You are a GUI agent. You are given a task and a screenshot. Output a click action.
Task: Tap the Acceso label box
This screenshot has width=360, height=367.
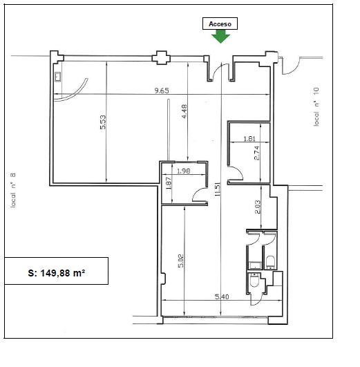tap(220, 23)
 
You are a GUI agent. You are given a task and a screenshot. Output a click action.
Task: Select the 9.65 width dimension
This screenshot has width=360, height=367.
tap(162, 91)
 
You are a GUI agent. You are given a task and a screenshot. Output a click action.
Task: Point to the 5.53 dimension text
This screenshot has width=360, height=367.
tap(103, 122)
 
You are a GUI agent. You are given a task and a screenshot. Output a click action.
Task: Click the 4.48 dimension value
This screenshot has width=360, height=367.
tap(184, 111)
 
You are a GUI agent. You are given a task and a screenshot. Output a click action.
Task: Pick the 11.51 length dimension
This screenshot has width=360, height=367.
tap(218, 189)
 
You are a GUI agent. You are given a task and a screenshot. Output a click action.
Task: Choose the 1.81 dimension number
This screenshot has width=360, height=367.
tap(249, 138)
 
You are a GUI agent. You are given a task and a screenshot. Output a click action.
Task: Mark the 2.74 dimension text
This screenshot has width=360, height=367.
tap(256, 153)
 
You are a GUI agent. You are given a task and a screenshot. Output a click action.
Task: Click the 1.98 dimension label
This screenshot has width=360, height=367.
tap(184, 171)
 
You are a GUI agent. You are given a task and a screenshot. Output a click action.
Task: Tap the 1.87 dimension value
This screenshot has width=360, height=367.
tap(169, 183)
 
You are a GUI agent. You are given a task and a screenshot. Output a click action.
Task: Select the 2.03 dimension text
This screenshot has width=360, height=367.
tap(258, 207)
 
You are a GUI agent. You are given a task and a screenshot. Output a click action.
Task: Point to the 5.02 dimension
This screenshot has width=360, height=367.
tap(181, 261)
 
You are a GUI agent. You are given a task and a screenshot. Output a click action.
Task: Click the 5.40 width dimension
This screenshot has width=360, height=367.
tap(222, 297)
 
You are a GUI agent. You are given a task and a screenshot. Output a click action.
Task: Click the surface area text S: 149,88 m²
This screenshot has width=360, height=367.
tap(57, 273)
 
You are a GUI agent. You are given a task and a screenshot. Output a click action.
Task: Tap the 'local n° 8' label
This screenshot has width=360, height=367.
tap(13, 190)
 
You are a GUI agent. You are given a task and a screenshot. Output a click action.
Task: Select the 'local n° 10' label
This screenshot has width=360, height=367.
tap(316, 106)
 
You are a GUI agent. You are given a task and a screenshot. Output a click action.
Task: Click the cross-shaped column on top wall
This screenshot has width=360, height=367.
tap(161, 57)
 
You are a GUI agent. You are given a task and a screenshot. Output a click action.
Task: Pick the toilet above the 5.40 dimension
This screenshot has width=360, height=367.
tap(254, 280)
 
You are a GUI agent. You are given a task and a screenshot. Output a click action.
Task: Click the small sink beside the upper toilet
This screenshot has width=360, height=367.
tap(255, 265)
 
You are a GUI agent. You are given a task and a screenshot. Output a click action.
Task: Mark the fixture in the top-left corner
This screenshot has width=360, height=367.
tap(58, 77)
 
